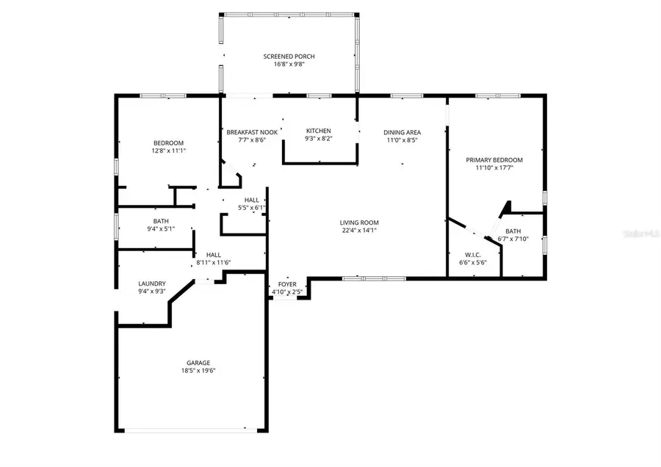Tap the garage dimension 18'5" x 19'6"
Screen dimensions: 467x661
pos(198,371)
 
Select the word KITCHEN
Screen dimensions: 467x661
pos(318,131)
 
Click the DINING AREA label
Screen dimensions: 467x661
pos(402,132)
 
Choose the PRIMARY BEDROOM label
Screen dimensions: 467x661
pos(494,159)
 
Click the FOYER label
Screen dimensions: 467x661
pos(287,284)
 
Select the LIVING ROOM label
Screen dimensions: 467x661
pos(358,222)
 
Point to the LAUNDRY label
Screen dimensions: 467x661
pos(152,283)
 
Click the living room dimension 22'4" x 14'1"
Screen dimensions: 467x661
pos(358,231)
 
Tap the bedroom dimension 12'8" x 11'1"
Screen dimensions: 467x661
pos(168,151)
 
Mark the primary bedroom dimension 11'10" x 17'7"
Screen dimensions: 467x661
pos(494,167)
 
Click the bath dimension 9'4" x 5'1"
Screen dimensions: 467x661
pos(161,228)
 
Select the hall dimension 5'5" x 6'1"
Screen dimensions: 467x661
pos(251,208)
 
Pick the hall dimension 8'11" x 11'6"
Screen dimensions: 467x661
pos(213,262)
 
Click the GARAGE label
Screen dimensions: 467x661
pos(198,363)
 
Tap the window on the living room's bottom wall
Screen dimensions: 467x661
pos(374,278)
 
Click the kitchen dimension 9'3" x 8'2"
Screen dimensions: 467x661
pos(318,139)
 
